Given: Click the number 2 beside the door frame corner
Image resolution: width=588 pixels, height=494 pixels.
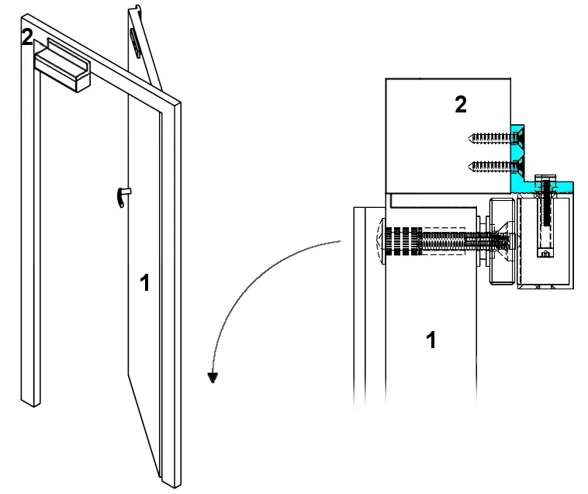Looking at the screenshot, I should tap(27, 37).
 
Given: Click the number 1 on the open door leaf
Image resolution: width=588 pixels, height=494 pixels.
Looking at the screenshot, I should tap(144, 284).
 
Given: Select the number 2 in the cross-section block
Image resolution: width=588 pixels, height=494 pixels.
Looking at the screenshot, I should tap(460, 105).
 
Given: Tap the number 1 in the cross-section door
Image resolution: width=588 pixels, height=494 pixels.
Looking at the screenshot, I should tap(431, 339).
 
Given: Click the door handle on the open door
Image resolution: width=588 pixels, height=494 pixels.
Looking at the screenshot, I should tap(123, 197).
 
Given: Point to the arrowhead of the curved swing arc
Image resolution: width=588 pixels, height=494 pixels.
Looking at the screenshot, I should tap(211, 378).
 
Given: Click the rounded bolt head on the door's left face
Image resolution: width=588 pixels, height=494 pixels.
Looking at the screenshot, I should tap(379, 242).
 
